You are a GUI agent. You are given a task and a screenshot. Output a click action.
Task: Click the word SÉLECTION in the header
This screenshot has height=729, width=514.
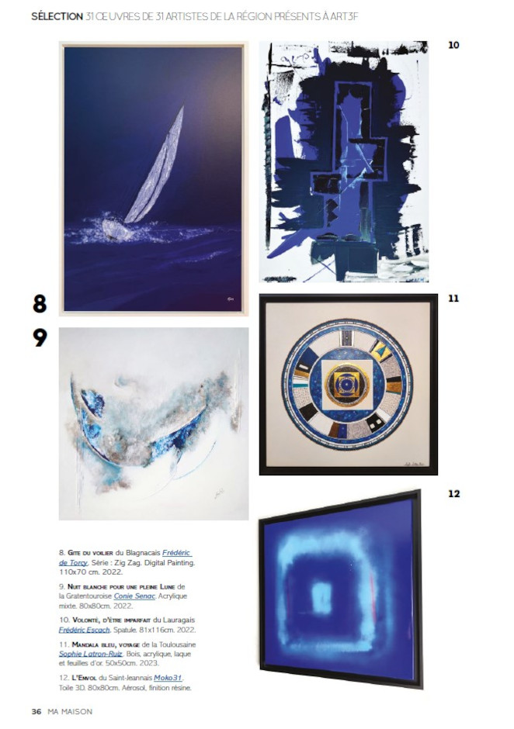tap(57, 16)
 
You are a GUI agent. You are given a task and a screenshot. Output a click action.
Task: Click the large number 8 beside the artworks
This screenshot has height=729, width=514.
tap(40, 303)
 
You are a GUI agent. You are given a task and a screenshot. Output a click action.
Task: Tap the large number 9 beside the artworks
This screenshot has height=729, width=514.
tap(40, 338)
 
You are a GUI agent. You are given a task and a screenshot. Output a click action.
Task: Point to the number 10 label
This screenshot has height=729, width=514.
tap(453, 45)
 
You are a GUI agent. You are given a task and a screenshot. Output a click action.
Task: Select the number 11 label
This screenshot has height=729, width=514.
tap(453, 298)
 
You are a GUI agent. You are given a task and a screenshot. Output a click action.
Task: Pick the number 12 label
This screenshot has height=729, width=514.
tap(453, 493)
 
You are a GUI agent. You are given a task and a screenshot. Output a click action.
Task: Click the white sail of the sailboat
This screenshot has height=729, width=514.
tap(158, 172)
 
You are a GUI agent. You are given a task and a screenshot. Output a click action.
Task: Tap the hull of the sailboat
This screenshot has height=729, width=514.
tap(117, 230)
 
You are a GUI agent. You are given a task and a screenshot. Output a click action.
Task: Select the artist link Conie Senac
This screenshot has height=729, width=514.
tap(134, 596)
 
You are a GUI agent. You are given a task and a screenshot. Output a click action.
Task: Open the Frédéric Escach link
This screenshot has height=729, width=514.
tap(85, 630)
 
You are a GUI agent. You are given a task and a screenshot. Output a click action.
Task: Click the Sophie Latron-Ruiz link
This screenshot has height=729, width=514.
tap(90, 654)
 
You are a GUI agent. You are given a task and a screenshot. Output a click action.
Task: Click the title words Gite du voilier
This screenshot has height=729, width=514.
tap(90, 553)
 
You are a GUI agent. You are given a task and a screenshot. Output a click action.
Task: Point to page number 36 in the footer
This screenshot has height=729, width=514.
tap(36, 711)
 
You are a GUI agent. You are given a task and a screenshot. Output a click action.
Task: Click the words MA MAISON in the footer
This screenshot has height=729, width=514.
tap(70, 711)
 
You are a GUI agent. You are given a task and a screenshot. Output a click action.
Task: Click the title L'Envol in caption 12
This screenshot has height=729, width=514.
tap(83, 679)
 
